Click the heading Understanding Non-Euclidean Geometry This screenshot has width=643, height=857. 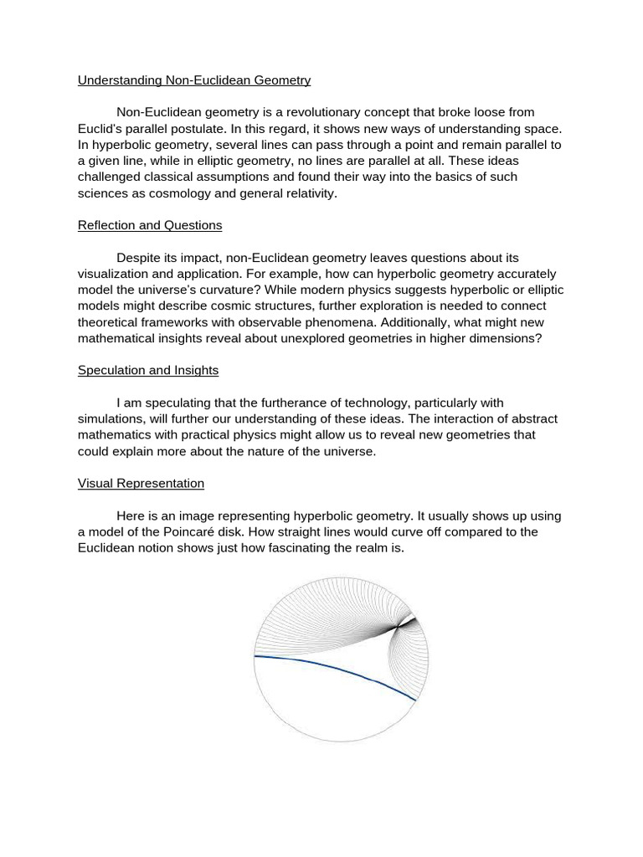(194, 80)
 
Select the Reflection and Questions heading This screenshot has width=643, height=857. (150, 225)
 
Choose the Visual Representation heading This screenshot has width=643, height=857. (141, 483)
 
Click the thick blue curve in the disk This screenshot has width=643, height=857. (335, 670)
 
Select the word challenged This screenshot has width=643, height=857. (117, 177)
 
